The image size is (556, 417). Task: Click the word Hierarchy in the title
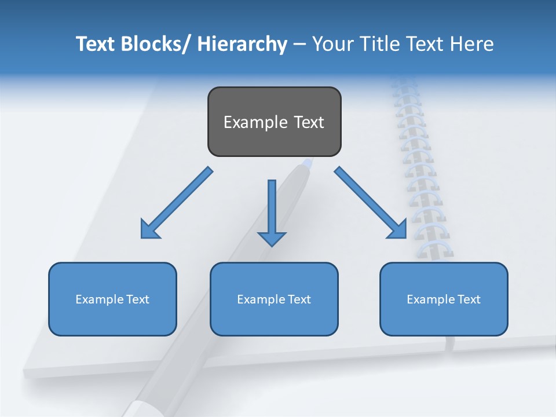[x=242, y=44]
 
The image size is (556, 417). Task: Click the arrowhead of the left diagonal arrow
[x=149, y=230]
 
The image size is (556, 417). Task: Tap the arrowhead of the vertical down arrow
[x=272, y=238]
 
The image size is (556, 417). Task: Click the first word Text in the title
[x=96, y=44]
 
